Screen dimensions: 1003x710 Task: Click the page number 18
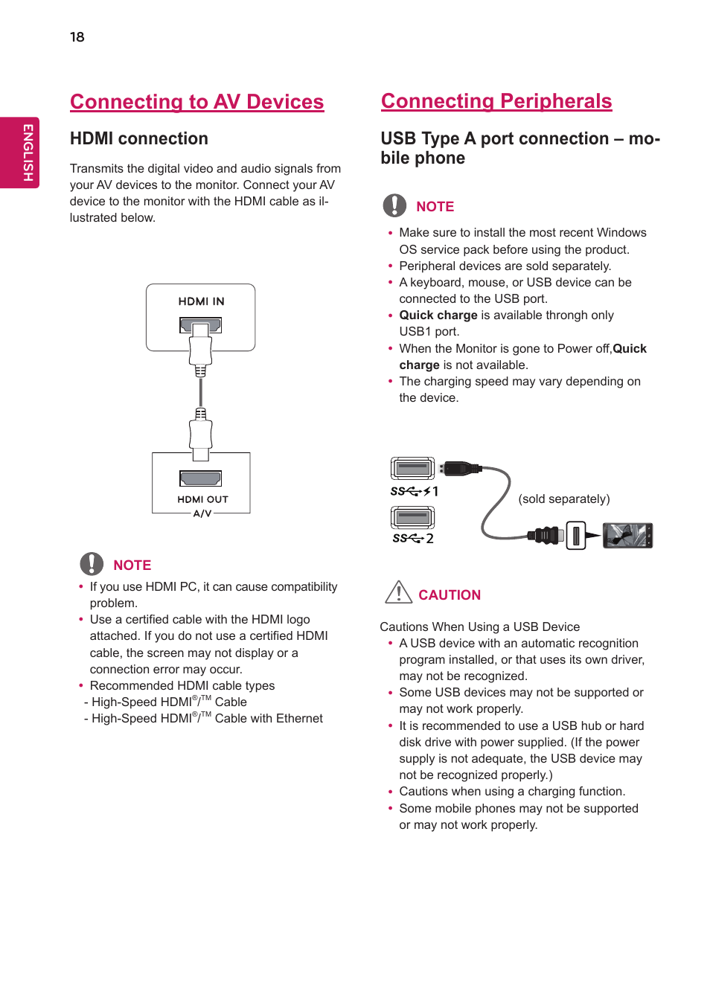click(x=77, y=37)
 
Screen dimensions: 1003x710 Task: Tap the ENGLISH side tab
click(x=27, y=153)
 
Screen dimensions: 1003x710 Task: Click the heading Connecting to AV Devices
click(x=196, y=102)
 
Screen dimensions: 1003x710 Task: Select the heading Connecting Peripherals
click(x=496, y=101)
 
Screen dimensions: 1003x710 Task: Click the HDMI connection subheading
click(x=138, y=139)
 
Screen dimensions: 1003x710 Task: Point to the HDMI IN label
click(x=201, y=301)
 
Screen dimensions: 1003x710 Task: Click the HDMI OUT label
click(x=202, y=499)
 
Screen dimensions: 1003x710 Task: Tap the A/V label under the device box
click(x=202, y=513)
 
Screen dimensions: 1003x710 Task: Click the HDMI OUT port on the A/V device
click(x=200, y=478)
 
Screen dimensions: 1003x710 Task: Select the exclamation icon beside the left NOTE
click(x=92, y=564)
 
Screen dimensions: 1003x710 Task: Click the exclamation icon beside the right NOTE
click(x=394, y=205)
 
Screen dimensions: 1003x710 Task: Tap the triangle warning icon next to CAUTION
click(x=398, y=592)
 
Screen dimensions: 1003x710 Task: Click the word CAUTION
click(x=450, y=595)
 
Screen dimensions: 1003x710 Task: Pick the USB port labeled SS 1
click(x=412, y=469)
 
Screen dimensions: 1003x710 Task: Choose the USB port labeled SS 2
click(x=412, y=517)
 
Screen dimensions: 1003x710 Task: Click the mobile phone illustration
click(x=627, y=536)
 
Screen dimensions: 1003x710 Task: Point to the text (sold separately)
click(x=563, y=499)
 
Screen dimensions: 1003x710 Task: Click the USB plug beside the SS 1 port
click(x=460, y=469)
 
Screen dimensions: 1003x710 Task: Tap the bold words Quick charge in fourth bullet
click(x=438, y=315)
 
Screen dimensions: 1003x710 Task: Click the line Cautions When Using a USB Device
click(x=479, y=627)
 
